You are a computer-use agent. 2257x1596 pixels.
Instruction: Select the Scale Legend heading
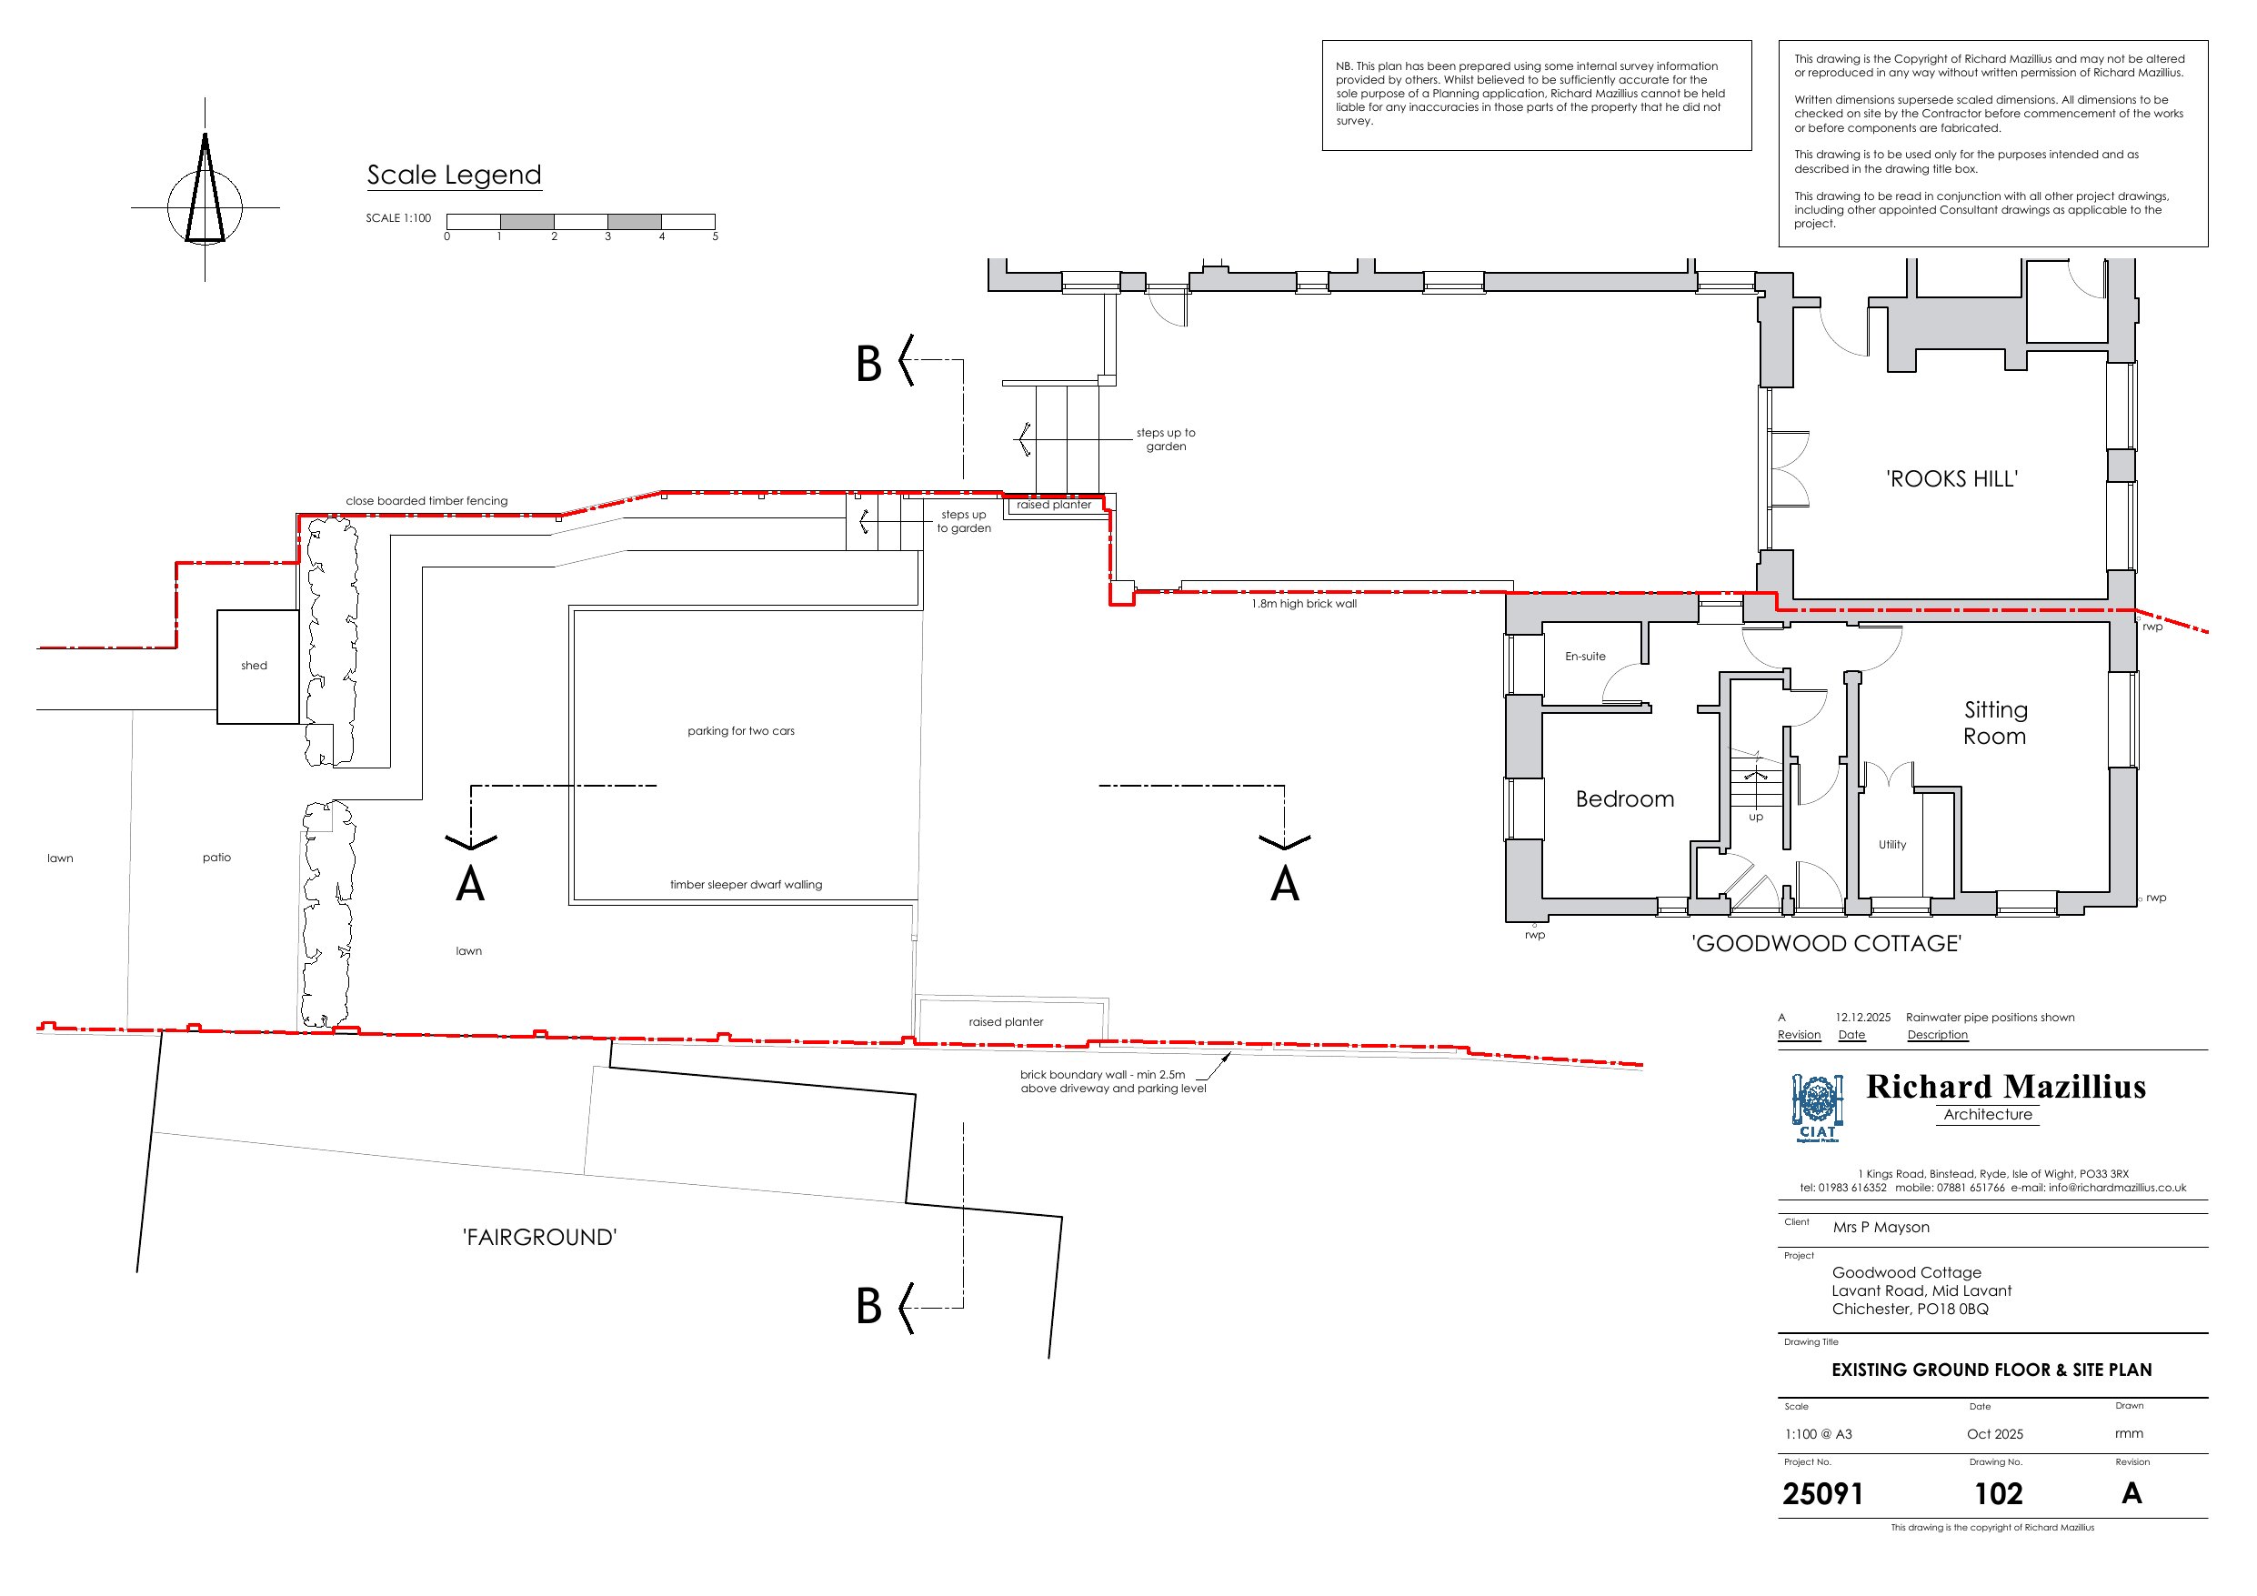pyautogui.click(x=453, y=175)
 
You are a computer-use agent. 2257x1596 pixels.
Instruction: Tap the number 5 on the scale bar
pyautogui.click(x=715, y=237)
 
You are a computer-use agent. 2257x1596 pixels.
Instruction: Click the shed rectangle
pyautogui.click(x=256, y=667)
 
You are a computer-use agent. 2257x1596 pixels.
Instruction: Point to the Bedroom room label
pyautogui.click(x=1624, y=799)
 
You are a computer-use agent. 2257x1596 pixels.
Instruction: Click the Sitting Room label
pyautogui.click(x=1994, y=723)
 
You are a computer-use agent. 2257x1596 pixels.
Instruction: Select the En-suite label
pyautogui.click(x=1585, y=656)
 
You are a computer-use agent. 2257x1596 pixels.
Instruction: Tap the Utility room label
pyautogui.click(x=1891, y=845)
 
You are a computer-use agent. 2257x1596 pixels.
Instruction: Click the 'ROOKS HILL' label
pyautogui.click(x=1951, y=479)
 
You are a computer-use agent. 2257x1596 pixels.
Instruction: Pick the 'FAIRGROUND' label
pyautogui.click(x=538, y=1237)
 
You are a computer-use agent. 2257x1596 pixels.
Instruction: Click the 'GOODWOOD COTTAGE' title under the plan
pyautogui.click(x=1825, y=944)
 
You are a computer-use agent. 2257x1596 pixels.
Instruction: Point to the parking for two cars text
pyautogui.click(x=740, y=730)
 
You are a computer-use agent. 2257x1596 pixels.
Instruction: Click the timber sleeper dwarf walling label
pyautogui.click(x=745, y=885)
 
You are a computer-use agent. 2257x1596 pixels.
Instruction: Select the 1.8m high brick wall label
pyautogui.click(x=1303, y=604)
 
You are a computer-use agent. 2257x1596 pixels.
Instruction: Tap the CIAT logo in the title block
pyautogui.click(x=1817, y=1109)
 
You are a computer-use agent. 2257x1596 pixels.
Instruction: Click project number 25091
pyautogui.click(x=1822, y=1494)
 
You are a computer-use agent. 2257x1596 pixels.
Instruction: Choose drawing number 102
pyautogui.click(x=1998, y=1494)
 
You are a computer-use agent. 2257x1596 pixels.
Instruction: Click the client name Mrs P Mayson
pyautogui.click(x=1881, y=1228)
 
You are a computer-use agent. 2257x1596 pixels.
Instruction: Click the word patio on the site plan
pyautogui.click(x=216, y=858)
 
